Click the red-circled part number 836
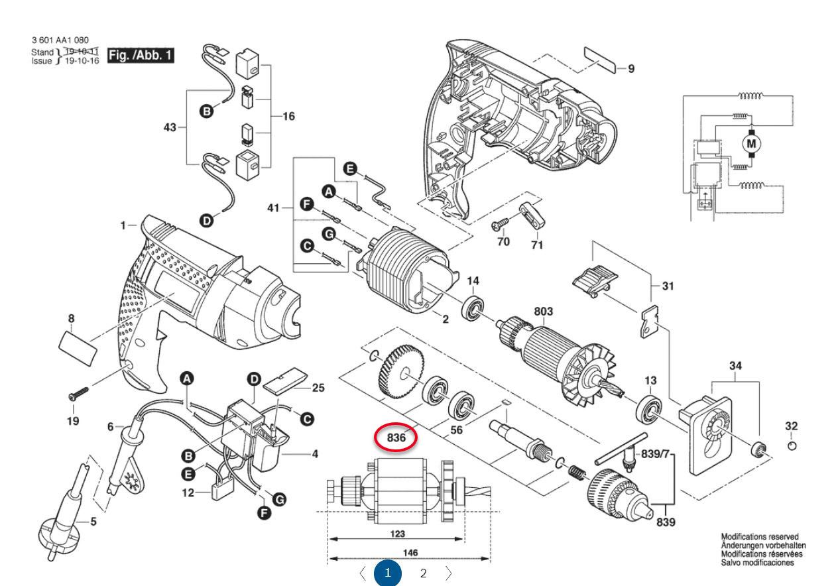tap(396, 438)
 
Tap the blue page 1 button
tap(388, 573)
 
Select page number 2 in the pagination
tap(423, 573)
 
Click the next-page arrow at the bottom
tap(449, 573)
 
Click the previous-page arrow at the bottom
tap(362, 573)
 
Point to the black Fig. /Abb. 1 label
tap(141, 56)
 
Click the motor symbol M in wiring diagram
tap(751, 143)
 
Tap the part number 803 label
tap(542, 311)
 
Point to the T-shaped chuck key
tap(620, 451)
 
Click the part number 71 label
tap(536, 245)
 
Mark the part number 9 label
tap(630, 68)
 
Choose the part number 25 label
tap(318, 388)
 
